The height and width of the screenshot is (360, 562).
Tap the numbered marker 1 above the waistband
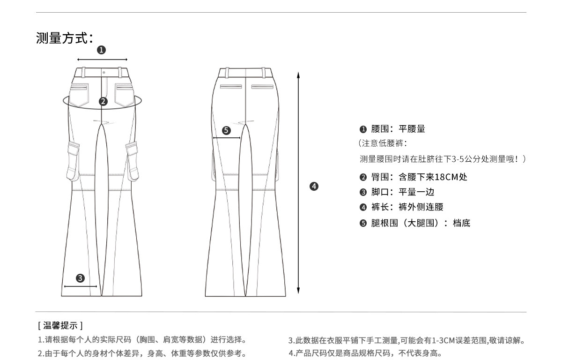[102, 49]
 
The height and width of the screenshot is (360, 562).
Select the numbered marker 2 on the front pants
[103, 101]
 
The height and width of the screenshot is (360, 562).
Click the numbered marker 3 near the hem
[81, 278]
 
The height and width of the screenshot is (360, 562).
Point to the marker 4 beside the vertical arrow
[314, 186]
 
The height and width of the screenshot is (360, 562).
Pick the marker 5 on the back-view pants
[226, 130]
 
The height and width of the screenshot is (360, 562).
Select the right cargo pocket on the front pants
[133, 159]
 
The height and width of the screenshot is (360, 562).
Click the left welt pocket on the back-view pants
[231, 87]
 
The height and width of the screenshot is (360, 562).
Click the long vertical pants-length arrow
[298, 183]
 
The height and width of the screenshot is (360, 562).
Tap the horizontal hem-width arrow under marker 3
[81, 286]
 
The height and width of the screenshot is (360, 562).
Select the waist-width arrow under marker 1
[102, 60]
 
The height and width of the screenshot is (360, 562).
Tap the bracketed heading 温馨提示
[60, 325]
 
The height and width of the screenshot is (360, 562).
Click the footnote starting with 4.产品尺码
[365, 353]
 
